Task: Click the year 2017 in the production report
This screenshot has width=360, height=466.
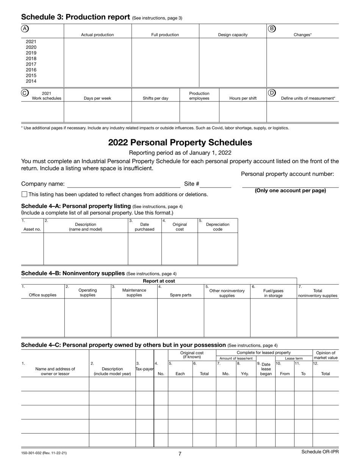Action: coord(31,64)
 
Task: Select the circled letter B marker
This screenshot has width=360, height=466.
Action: coord(272,28)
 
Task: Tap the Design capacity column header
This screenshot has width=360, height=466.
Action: coord(233,35)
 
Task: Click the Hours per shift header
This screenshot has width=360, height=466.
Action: coord(243,99)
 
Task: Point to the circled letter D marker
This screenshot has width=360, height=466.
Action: coord(272,92)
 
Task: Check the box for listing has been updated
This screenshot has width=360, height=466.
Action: coord(25,194)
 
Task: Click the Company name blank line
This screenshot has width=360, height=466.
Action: coord(123,184)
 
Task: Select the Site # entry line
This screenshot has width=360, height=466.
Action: coord(216,184)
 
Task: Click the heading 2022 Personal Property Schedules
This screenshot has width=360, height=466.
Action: coord(180,142)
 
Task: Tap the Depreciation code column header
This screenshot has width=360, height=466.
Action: coord(218,227)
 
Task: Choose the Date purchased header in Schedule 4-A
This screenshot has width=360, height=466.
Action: coord(144,227)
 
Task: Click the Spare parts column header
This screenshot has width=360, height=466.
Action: coord(180,295)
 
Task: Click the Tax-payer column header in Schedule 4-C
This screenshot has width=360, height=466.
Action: coord(144,369)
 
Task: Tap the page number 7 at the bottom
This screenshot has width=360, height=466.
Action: coord(180,454)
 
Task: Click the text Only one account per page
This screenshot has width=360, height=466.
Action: coord(290,191)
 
